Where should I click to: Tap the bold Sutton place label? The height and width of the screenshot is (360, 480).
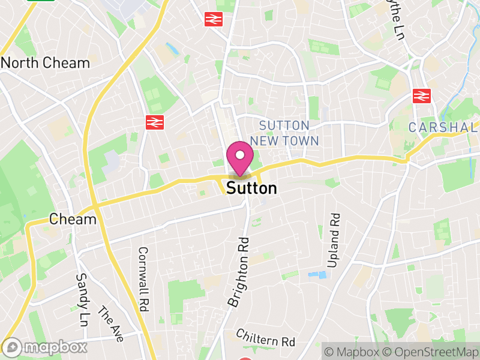(x=252, y=188)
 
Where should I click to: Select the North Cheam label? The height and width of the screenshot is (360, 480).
(x=46, y=63)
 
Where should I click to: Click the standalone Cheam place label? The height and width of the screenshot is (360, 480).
(x=73, y=219)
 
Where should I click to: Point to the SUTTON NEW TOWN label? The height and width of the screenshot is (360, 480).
(x=284, y=133)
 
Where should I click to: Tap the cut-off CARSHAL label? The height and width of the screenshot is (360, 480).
(x=443, y=127)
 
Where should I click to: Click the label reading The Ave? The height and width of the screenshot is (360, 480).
(x=110, y=325)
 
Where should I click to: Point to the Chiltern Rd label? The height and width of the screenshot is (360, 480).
(x=266, y=338)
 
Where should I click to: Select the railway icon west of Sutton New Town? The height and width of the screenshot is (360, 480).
(x=154, y=122)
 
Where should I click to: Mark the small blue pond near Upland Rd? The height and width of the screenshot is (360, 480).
(x=318, y=275)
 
